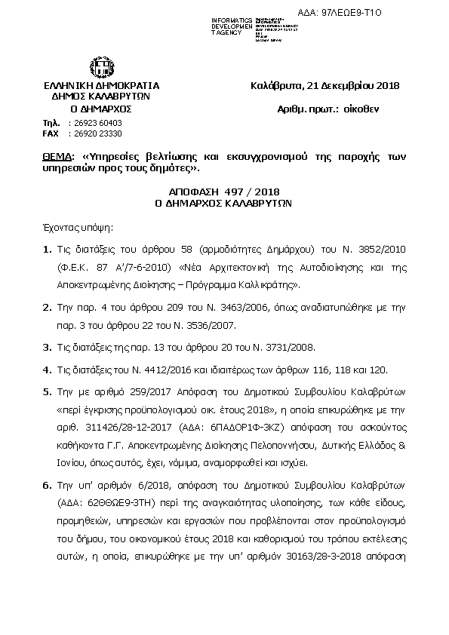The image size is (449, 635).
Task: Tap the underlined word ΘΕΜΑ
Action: tap(57, 156)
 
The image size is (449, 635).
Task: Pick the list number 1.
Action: tap(47, 250)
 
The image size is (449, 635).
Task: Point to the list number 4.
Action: tap(47, 370)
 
